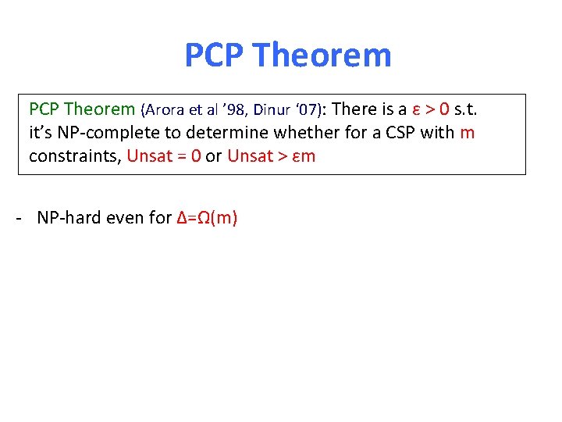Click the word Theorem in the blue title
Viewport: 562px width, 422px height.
coord(322,55)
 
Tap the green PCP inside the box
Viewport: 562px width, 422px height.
coord(44,109)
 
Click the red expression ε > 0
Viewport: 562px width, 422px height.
coord(429,109)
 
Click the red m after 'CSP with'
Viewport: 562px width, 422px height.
coord(468,132)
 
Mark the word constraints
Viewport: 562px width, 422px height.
coord(75,156)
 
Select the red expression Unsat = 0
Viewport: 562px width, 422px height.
coord(163,156)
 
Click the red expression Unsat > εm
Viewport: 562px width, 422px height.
coord(271,156)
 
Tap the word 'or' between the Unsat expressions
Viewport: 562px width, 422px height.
coord(214,156)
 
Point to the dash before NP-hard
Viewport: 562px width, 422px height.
coord(17,217)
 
